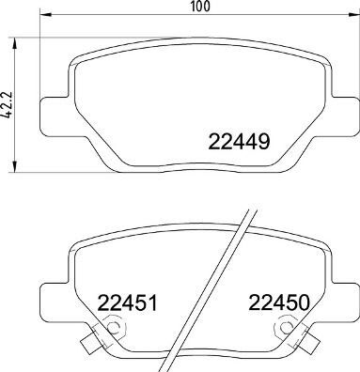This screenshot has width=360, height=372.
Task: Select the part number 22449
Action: pos(239,144)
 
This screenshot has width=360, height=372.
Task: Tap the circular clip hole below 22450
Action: pos(286,330)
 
